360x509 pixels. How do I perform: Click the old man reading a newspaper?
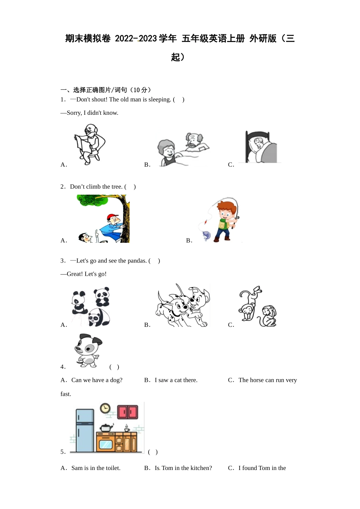[89, 144]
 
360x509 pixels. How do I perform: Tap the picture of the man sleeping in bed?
[261, 147]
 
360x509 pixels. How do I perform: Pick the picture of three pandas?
[91, 307]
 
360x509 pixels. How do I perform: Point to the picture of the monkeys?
[257, 307]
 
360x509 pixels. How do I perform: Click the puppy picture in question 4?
[88, 350]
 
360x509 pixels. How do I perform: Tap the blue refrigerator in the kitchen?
[85, 430]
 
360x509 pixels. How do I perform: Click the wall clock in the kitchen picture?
[105, 408]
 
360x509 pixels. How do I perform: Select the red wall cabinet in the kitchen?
[128, 412]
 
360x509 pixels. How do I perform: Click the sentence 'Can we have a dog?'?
[97, 380]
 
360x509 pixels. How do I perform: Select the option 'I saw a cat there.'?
[176, 380]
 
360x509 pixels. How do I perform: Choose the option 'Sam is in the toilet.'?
[95, 468]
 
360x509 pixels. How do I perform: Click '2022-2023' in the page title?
[136, 39]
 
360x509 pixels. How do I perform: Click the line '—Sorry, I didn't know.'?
[89, 113]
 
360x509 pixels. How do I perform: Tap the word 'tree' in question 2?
[117, 187]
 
